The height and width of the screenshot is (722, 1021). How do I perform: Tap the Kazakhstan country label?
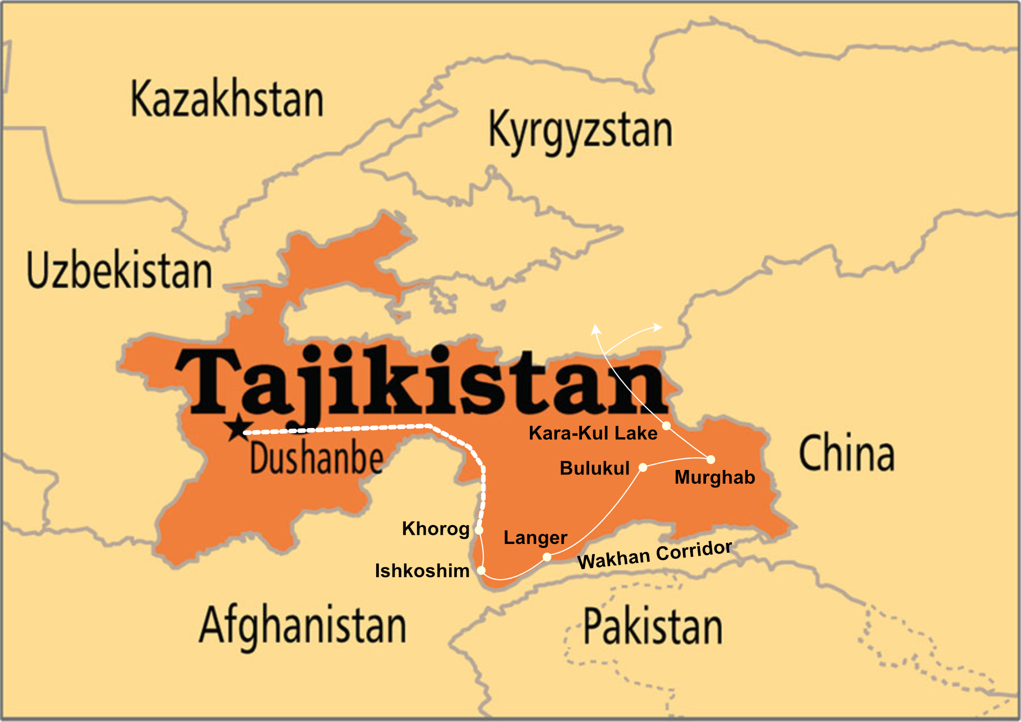[x=227, y=99]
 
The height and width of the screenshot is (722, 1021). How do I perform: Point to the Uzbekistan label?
[x=119, y=270]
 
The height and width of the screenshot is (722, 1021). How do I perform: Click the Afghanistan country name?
[x=303, y=626]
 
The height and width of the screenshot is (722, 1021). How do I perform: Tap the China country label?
[x=846, y=453]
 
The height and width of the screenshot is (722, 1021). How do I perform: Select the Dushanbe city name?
[x=317, y=458]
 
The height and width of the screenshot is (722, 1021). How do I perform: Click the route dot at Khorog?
[x=479, y=530]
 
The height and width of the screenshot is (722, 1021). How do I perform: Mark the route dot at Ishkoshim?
[x=481, y=570]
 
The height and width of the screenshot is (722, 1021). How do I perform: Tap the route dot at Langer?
[x=547, y=557]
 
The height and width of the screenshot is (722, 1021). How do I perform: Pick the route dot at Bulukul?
[x=643, y=467]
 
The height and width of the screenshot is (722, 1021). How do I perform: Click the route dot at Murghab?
[x=711, y=459]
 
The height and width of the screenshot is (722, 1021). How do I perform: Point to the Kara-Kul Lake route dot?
[x=666, y=426]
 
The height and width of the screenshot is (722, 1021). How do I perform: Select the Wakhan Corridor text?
[x=654, y=555]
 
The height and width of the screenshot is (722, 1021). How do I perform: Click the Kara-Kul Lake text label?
[x=593, y=433]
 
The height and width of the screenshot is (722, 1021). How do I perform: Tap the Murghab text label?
[x=714, y=478]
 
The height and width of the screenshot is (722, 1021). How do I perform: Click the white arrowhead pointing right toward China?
[x=658, y=328]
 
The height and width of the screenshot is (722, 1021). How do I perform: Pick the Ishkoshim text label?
[x=422, y=571]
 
